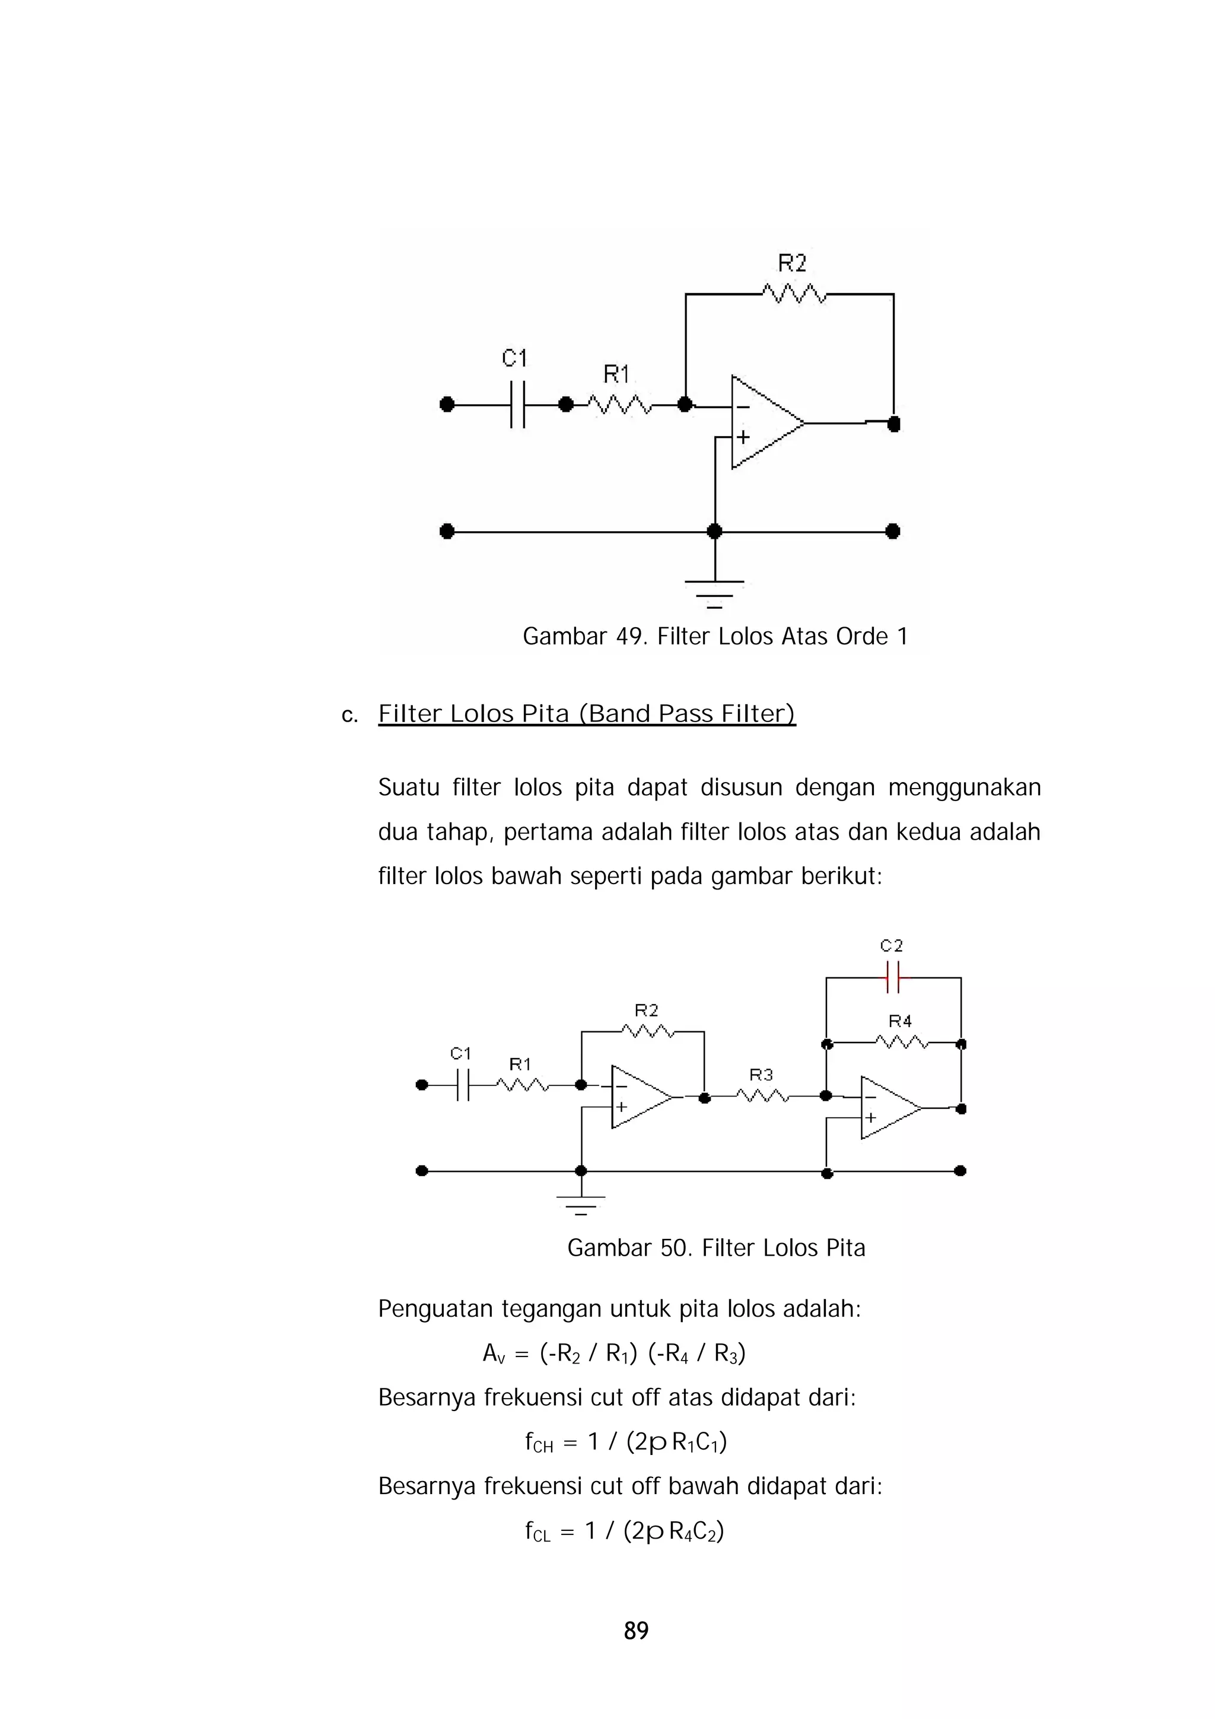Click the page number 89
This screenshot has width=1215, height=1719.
[635, 1630]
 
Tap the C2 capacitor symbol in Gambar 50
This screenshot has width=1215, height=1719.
[892, 977]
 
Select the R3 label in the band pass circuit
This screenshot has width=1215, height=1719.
[761, 1075]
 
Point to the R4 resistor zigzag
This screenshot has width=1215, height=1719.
[901, 1041]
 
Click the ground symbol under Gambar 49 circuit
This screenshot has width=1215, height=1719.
[715, 591]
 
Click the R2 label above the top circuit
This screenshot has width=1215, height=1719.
[792, 263]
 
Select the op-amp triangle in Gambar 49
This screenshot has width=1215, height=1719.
[764, 423]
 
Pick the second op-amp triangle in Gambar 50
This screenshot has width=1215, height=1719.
[888, 1108]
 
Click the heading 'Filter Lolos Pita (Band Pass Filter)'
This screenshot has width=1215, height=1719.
[586, 714]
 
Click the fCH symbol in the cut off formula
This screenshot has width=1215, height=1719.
[538, 1442]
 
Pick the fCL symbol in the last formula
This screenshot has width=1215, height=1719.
[537, 1533]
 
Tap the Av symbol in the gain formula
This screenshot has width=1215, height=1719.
[494, 1353]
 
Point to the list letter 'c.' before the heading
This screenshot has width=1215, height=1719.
[349, 716]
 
